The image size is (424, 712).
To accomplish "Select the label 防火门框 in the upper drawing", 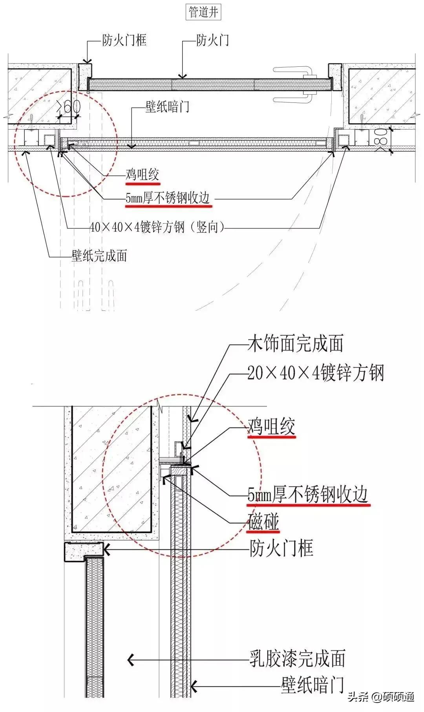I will pos(124,40).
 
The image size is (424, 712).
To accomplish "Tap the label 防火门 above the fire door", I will pos(212,40).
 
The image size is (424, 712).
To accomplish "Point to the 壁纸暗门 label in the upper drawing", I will pos(167,107).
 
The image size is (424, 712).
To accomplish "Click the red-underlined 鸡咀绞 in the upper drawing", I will pos(143,175).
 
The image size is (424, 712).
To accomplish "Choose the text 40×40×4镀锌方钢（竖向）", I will pos(157,227).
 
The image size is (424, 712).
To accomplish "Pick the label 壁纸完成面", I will pos(99,256).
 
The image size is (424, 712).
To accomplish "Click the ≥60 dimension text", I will pos(69,106).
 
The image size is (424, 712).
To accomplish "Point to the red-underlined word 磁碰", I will pos(263,522).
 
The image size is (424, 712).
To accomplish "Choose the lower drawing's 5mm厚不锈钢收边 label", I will pos(309,494).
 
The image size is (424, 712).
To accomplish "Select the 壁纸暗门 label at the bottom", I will pos(313,685).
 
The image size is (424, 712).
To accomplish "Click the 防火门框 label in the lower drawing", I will pos(281,548).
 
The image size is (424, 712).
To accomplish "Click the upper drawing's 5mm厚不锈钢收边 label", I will pos(168,199).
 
